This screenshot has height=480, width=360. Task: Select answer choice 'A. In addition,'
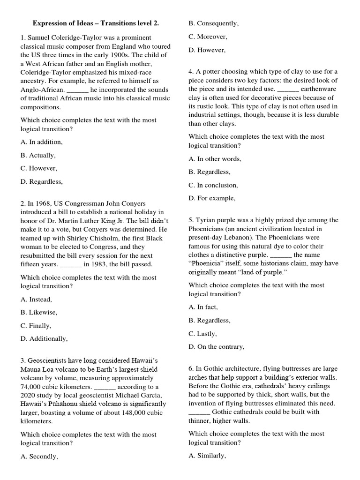tap(41, 142)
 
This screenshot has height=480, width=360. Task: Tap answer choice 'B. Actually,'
tap(38, 155)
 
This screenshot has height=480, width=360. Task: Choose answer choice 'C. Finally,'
tap(36, 325)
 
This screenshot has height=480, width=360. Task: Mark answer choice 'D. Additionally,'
tap(44, 338)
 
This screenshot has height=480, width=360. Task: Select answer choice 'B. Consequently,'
tap(213, 23)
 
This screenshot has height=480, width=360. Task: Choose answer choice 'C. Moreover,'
tap(208, 37)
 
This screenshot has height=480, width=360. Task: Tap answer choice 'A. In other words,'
tap(215, 159)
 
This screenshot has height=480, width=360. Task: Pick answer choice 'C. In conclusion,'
tap(213, 185)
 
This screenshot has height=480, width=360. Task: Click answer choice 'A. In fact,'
tap(203, 307)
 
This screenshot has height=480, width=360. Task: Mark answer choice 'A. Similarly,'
tap(207, 456)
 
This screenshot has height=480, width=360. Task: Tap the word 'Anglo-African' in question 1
tap(42, 90)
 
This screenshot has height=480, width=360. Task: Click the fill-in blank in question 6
tap(199, 412)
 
